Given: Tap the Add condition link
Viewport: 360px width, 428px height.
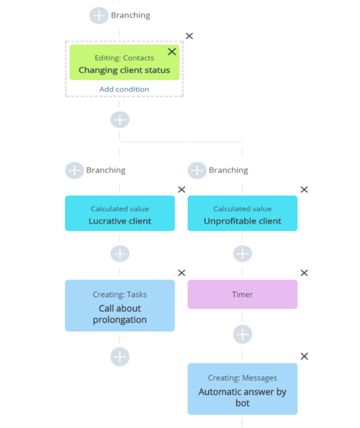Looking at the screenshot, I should (124, 89).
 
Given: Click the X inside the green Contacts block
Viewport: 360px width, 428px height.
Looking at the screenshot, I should (172, 52).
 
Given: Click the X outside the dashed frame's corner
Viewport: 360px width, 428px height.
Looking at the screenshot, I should (189, 36).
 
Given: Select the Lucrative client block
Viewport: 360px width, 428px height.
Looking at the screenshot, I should (120, 213).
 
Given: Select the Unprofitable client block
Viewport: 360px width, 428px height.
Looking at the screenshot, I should (242, 213).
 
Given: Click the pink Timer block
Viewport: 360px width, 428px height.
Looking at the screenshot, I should (242, 294).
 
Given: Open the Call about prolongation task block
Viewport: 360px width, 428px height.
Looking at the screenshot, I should (120, 306).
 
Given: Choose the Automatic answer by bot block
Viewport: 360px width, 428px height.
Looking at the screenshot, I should (242, 389).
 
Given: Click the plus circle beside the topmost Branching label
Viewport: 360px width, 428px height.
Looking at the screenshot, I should (99, 15).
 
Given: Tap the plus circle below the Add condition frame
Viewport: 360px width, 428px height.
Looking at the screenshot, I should (120, 120).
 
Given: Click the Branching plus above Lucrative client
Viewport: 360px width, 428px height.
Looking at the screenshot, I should (75, 170).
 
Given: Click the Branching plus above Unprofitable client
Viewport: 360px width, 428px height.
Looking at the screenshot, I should (197, 170).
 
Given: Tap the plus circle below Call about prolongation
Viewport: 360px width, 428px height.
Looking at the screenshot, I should (120, 356).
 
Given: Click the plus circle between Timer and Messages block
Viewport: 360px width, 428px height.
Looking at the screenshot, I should (242, 335).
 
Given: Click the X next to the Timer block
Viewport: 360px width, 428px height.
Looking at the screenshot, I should (304, 273).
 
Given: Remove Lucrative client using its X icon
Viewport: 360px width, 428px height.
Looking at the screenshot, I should (182, 189).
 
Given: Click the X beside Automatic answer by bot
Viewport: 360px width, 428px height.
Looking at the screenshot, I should (304, 356).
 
